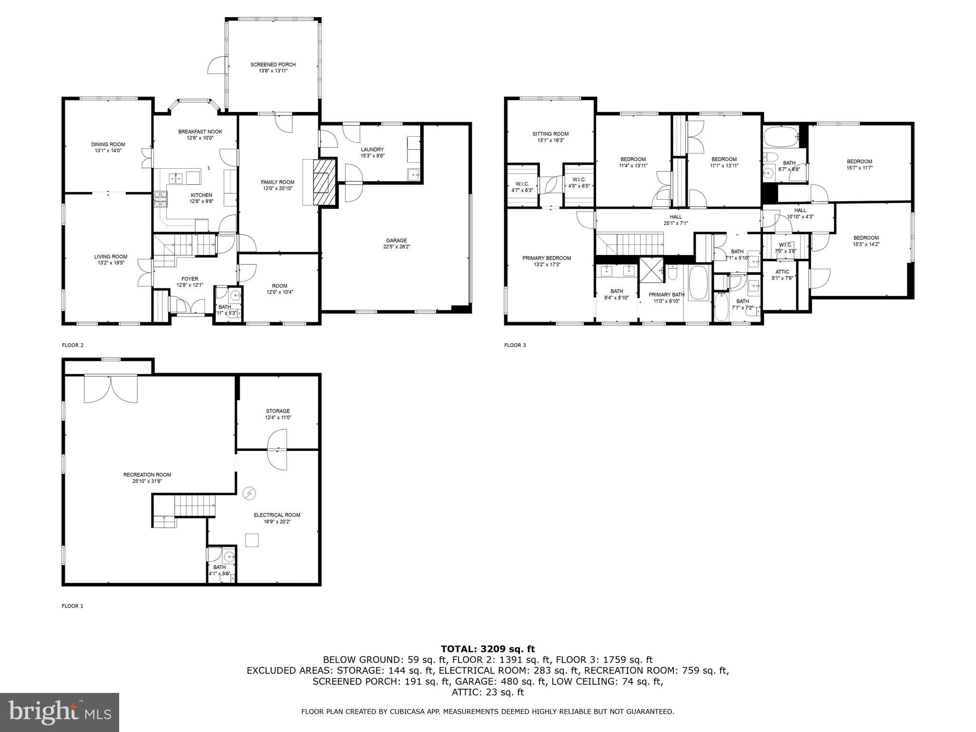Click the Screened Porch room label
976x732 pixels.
pyautogui.click(x=273, y=64)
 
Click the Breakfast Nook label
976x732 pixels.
pyautogui.click(x=200, y=132)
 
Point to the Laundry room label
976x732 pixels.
pyautogui.click(x=372, y=149)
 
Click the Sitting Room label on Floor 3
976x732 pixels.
pyautogui.click(x=550, y=134)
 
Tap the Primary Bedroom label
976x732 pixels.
pyautogui.click(x=547, y=258)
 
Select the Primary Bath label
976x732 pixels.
pyautogui.click(x=666, y=295)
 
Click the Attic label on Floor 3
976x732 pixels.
pyautogui.click(x=782, y=272)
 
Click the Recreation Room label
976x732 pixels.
pyautogui.click(x=147, y=475)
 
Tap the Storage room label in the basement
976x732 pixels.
pyautogui.click(x=278, y=411)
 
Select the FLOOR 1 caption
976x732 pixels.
pyautogui.click(x=72, y=606)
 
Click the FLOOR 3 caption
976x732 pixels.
pyautogui.click(x=515, y=345)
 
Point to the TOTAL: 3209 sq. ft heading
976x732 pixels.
pyautogui.click(x=488, y=649)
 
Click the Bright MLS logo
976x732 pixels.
pyautogui.click(x=60, y=712)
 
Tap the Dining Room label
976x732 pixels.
pyautogui.click(x=108, y=144)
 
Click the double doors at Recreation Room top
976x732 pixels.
pyautogui.click(x=111, y=389)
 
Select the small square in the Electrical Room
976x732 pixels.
pyautogui.click(x=252, y=540)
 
